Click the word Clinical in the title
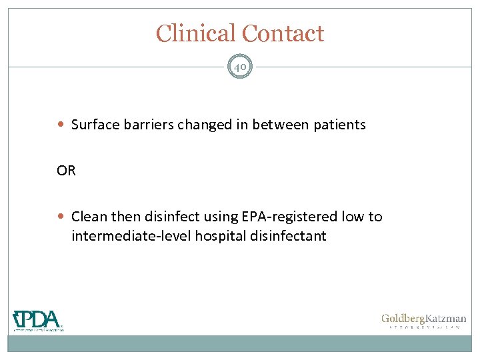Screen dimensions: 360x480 pyautogui.click(x=196, y=33)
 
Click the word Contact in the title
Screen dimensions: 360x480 pyautogui.click(x=283, y=33)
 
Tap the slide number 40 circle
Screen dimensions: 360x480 pyautogui.click(x=240, y=67)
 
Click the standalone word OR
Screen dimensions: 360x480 pyautogui.click(x=67, y=171)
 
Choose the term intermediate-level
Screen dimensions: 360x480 pyautogui.click(x=131, y=236)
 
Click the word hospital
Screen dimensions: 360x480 pyautogui.click(x=219, y=236)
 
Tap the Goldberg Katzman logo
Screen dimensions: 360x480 pyautogui.click(x=423, y=321)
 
